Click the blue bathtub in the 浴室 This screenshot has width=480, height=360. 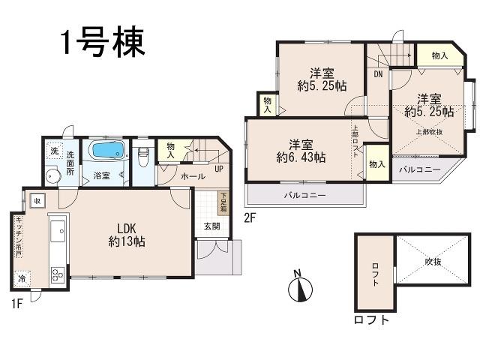[x=108, y=151]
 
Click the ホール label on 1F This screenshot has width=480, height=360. [x=193, y=176]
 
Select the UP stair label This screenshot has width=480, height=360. [x=218, y=169]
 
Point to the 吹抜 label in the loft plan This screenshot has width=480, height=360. [x=433, y=262]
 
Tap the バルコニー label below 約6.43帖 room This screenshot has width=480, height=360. [x=304, y=195]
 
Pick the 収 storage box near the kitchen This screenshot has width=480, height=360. [x=35, y=199]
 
